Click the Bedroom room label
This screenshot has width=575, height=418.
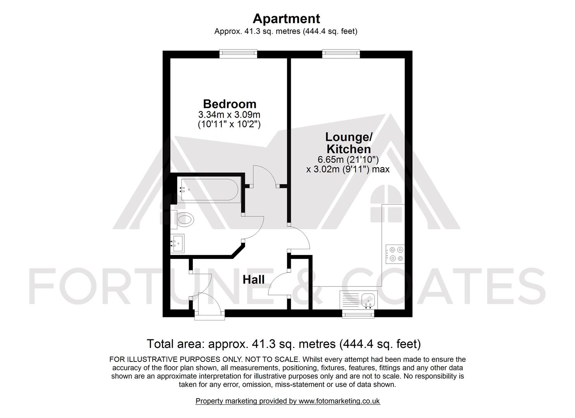(230, 104)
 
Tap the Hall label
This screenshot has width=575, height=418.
(254, 279)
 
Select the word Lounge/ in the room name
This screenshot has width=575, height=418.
(348, 137)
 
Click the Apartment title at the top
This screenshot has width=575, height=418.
(286, 19)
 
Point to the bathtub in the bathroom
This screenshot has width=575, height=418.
(209, 189)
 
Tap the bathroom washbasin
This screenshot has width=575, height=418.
(178, 244)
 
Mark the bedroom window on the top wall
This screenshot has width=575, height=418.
(238, 54)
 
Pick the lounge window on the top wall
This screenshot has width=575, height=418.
(341, 54)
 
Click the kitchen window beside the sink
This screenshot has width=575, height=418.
(358, 314)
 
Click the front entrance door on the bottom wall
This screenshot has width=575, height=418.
(209, 306)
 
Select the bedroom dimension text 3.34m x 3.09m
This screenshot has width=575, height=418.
(229, 115)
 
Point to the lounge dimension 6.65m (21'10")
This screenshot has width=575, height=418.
(348, 159)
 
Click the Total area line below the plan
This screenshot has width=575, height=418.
(283, 344)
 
